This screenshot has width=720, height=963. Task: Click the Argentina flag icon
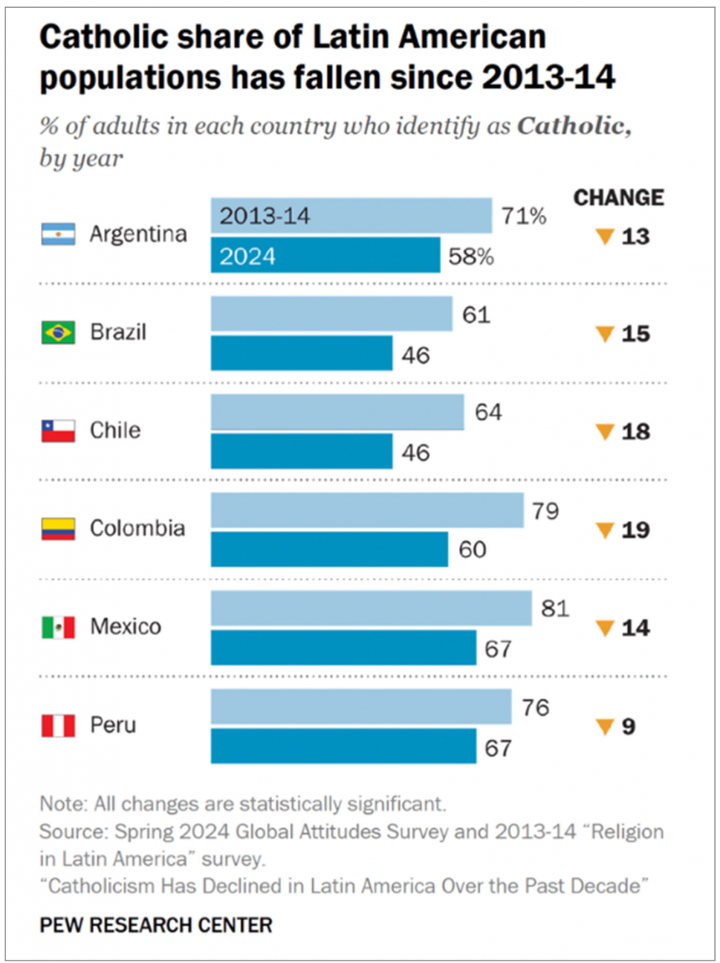(x=58, y=234)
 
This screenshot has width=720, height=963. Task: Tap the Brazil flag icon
(x=58, y=332)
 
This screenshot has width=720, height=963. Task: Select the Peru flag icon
(x=58, y=725)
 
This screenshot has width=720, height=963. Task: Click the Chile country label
(x=115, y=431)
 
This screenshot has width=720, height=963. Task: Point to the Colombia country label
(x=137, y=529)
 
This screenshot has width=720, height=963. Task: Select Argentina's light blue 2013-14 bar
(x=351, y=216)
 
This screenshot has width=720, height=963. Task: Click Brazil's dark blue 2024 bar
(x=301, y=353)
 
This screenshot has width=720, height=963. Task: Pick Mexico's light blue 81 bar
(x=371, y=608)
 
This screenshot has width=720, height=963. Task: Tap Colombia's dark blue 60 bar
(x=329, y=550)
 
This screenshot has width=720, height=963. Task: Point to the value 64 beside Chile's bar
(x=488, y=412)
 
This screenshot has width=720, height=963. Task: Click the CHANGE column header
(x=618, y=197)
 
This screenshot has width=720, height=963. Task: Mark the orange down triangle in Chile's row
(x=604, y=433)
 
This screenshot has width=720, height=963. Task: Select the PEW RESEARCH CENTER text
(x=156, y=924)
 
